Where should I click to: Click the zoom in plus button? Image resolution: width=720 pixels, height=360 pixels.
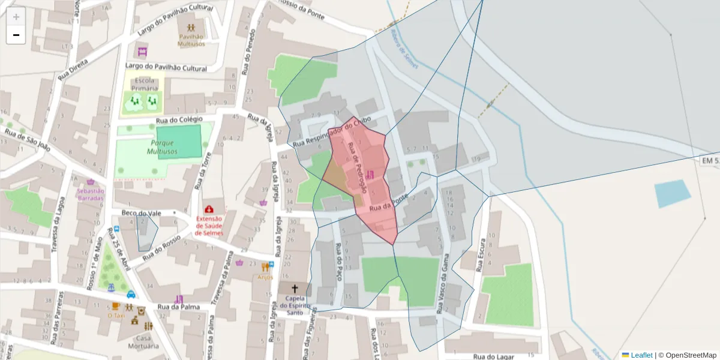click(x=16, y=17)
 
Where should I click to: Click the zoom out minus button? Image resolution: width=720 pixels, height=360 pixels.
click(x=16, y=35)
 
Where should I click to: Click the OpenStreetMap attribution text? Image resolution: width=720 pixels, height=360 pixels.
click(x=690, y=355)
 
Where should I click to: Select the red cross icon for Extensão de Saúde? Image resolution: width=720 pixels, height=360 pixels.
click(x=209, y=209)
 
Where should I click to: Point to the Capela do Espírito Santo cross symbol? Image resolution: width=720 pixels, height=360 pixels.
click(x=294, y=289)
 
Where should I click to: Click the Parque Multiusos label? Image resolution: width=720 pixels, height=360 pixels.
click(x=163, y=147)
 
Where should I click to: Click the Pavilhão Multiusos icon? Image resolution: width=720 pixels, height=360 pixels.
click(x=191, y=28)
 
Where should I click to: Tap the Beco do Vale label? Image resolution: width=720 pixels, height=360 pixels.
click(x=142, y=213)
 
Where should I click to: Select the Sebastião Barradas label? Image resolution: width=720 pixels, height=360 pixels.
click(x=91, y=194)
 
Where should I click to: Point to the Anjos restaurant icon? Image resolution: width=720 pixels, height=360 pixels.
click(x=265, y=268)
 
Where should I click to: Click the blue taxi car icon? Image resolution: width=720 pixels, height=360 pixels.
click(x=131, y=294)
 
